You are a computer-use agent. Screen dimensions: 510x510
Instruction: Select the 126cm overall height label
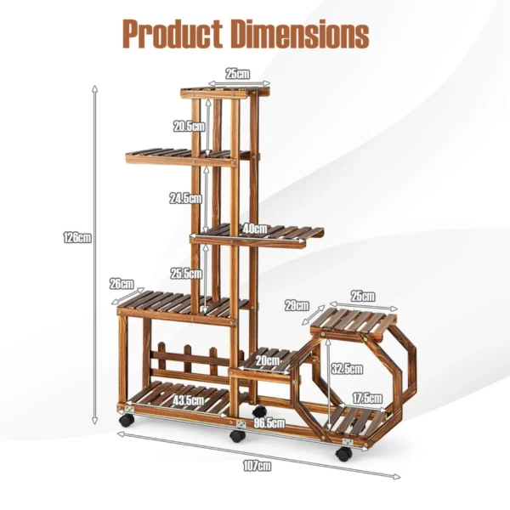tap(76, 238)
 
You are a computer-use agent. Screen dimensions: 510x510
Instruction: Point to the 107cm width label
tap(257, 465)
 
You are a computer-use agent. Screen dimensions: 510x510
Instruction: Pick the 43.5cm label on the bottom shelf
tap(189, 399)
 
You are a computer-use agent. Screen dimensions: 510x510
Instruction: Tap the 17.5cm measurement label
tap(368, 397)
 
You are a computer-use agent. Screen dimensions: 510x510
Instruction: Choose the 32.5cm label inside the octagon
tap(347, 368)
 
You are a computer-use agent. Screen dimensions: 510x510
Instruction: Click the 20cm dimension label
tap(269, 360)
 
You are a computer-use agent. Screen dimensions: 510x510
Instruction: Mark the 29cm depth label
tap(297, 304)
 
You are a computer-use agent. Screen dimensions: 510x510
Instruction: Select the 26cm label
tap(122, 283)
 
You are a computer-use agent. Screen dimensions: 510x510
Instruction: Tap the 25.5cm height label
tap(186, 274)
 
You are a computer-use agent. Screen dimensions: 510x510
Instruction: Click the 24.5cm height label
tap(185, 198)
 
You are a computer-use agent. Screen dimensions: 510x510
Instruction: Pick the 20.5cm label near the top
tap(189, 127)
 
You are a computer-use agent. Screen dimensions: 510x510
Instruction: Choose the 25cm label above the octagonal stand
tap(362, 296)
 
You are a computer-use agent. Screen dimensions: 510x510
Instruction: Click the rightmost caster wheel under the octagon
tap(343, 454)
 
